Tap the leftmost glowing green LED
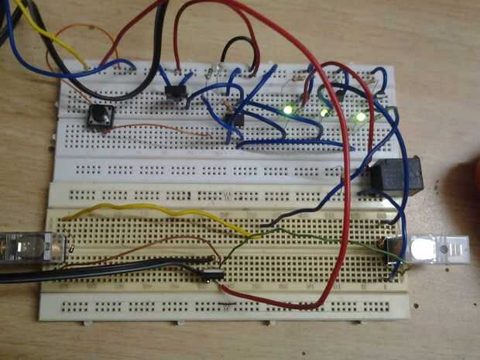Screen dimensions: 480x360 coord(288,110)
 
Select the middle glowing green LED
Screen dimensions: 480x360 coord(324,112)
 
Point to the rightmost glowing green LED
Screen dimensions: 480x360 coord(360,117)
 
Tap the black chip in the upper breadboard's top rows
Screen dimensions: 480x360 coord(177,94)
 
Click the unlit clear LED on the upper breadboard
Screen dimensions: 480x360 coord(218,71)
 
